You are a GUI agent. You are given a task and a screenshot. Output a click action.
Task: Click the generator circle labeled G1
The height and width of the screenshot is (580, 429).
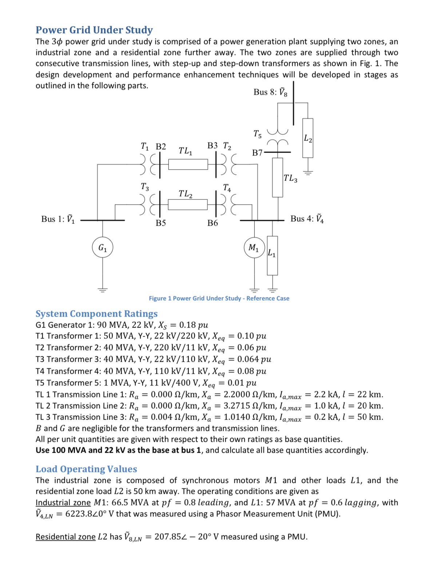[103, 247]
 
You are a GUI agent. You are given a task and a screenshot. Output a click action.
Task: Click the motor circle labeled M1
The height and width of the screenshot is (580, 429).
[254, 247]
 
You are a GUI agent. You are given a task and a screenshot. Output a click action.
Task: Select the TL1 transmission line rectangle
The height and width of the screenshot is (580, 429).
[188, 164]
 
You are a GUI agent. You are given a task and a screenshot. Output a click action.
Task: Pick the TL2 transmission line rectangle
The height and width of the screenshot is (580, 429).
[188, 204]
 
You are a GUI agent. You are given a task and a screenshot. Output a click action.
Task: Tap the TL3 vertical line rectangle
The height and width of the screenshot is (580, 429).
[278, 177]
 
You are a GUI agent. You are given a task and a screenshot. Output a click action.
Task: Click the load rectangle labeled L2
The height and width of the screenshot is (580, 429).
[308, 138]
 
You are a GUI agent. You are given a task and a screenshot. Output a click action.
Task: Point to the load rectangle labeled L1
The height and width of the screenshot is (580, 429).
[272, 255]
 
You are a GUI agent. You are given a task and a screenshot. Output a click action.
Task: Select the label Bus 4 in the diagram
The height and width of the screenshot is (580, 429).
[307, 219]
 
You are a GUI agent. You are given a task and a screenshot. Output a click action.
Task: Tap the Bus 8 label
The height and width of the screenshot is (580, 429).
[270, 92]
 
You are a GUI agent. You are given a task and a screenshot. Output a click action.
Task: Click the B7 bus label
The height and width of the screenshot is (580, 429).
[257, 153]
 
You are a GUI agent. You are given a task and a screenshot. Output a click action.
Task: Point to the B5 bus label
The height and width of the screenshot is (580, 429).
[161, 223]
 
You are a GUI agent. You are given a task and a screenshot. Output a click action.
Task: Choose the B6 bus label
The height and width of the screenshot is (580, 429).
[212, 223]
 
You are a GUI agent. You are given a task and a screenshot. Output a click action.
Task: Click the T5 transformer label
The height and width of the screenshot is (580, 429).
[257, 134]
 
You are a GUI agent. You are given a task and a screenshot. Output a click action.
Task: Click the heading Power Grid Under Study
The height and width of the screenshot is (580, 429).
[94, 30]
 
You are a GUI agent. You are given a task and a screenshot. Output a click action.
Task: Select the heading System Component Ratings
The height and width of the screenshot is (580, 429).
[96, 314]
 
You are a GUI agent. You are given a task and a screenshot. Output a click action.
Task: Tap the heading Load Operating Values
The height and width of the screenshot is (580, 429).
[86, 469]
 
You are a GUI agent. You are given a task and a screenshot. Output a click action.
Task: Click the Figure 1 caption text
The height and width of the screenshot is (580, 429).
[219, 298]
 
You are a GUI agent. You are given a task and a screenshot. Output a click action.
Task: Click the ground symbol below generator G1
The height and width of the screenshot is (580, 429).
[103, 290]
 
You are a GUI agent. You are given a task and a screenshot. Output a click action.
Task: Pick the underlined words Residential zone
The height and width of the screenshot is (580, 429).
[65, 537]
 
